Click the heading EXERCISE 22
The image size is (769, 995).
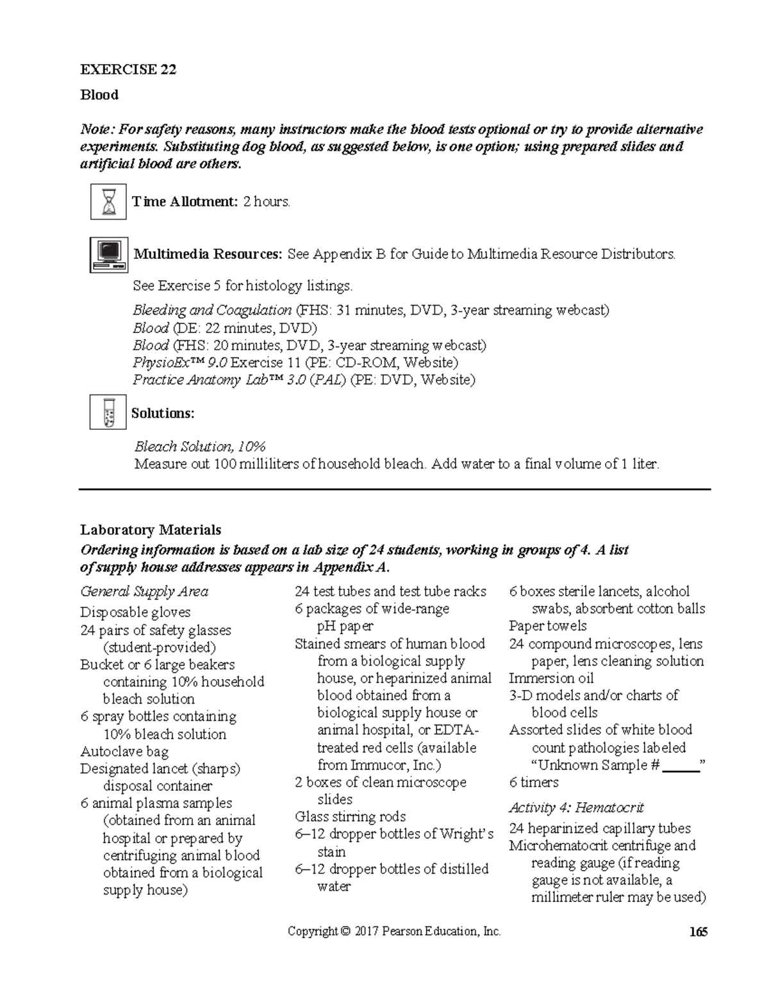(x=128, y=69)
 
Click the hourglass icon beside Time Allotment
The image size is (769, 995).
(x=108, y=202)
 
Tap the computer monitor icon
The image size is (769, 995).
(x=108, y=254)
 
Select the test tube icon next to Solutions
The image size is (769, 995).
(x=108, y=412)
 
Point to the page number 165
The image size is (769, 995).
(x=698, y=932)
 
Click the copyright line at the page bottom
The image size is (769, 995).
(x=394, y=932)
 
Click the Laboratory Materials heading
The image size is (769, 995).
(x=151, y=530)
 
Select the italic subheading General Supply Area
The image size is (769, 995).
(x=144, y=591)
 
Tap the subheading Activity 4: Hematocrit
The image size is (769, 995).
(x=575, y=807)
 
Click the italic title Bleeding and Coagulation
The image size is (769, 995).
(x=212, y=311)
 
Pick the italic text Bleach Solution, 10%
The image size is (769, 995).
(x=199, y=447)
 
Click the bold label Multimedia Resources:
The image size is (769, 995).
(x=207, y=254)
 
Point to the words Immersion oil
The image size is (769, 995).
(x=551, y=678)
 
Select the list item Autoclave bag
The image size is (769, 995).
(x=124, y=752)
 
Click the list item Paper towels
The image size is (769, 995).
(x=547, y=626)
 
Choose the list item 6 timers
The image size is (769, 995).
(x=533, y=782)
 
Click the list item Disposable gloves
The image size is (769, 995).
(x=135, y=612)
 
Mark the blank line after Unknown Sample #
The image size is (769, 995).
(x=681, y=766)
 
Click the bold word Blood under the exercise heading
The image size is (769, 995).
(x=99, y=95)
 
